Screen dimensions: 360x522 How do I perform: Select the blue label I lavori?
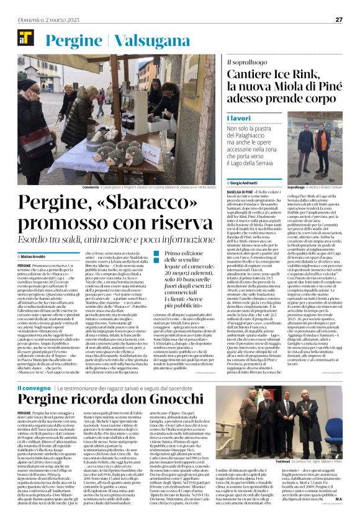[x=238, y=117]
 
